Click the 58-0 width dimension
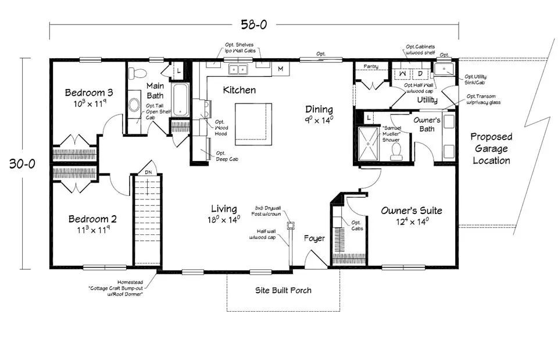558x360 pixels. pyautogui.click(x=254, y=24)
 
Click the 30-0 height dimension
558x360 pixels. pyautogui.click(x=22, y=163)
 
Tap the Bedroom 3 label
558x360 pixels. pyautogui.click(x=89, y=92)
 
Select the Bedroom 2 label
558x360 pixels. pyautogui.click(x=92, y=219)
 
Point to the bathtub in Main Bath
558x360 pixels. pyautogui.click(x=180, y=99)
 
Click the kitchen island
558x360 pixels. pyautogui.click(x=253, y=124)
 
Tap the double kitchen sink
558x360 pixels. pyautogui.click(x=238, y=69)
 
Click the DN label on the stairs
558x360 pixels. pyautogui.click(x=148, y=172)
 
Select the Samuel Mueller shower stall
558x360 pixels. pyautogui.click(x=369, y=144)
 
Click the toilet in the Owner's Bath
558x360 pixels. pyautogui.click(x=396, y=152)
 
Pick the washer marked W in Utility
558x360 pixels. pyautogui.click(x=402, y=74)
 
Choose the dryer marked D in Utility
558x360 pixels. pyautogui.click(x=420, y=74)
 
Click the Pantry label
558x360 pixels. pyautogui.click(x=371, y=66)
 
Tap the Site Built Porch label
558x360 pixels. pyautogui.click(x=283, y=290)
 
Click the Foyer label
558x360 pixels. pyautogui.click(x=314, y=238)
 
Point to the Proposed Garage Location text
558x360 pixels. pyautogui.click(x=492, y=148)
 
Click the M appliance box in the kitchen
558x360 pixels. pyautogui.click(x=280, y=69)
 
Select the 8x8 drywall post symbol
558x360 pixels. pyautogui.click(x=291, y=225)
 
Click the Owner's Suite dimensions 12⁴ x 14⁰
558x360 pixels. pyautogui.click(x=412, y=222)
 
